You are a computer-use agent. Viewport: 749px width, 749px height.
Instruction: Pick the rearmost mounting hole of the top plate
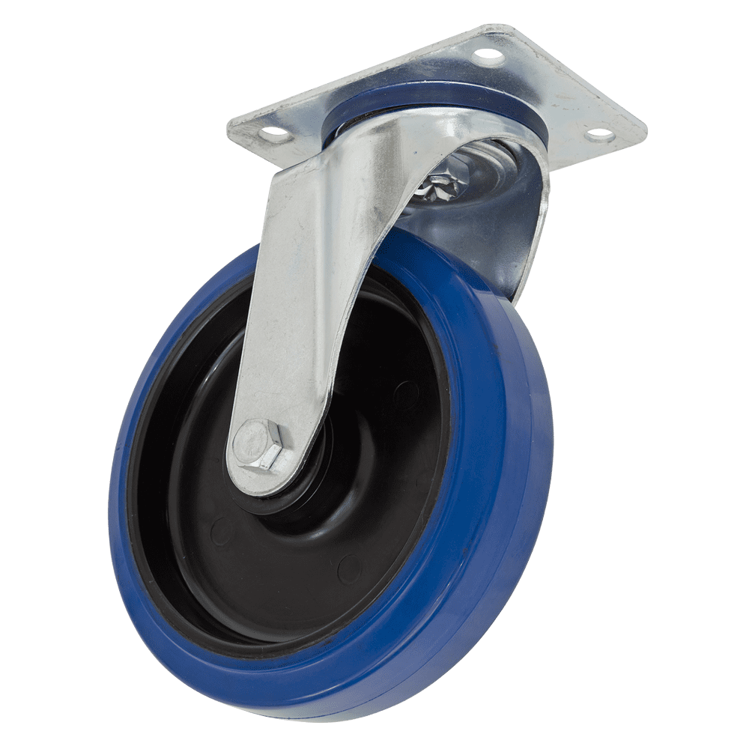click(x=488, y=54)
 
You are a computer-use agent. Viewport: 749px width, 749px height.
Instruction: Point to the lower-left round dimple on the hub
click(x=219, y=533)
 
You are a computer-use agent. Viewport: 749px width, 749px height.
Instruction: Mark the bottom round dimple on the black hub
click(x=346, y=570)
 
